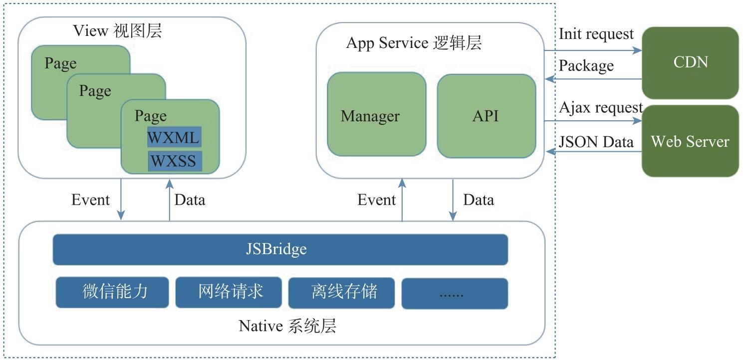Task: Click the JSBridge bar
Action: [x=280, y=250]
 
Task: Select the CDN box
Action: [x=690, y=63]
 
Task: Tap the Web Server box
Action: [x=690, y=141]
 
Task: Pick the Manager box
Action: [x=376, y=114]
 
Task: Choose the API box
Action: [x=486, y=116]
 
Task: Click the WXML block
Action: [x=174, y=137]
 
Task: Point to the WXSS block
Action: [x=175, y=161]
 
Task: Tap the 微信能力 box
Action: [x=112, y=292]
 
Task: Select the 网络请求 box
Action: [x=229, y=292]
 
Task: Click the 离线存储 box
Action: [x=342, y=293]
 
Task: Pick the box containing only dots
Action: [x=455, y=294]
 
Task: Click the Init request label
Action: [x=596, y=34]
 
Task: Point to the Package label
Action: [x=586, y=66]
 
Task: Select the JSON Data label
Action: [x=596, y=142]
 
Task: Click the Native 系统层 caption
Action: [x=287, y=326]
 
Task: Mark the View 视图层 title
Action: [x=117, y=31]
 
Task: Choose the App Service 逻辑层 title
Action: [x=414, y=43]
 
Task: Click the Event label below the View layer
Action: [x=90, y=200]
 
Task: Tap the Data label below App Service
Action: [x=479, y=200]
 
